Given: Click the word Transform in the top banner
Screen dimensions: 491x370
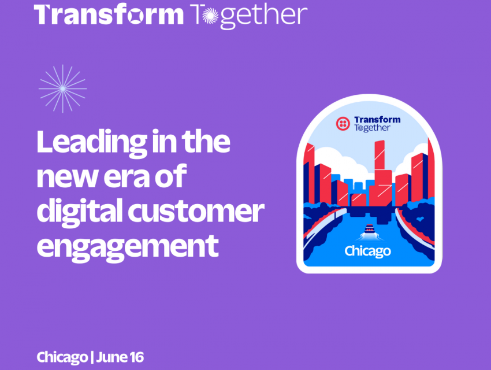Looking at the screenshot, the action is [109, 14].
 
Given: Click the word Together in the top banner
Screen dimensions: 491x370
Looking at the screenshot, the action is [248, 16].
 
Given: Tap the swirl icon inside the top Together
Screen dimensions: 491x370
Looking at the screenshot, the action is [210, 16].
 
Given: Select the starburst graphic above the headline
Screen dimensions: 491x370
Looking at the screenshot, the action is [62, 88].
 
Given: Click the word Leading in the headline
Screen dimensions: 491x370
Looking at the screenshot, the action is [92, 143].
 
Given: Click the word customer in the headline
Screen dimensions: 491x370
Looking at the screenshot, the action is [196, 212].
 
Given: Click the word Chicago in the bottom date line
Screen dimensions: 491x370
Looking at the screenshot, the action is [62, 357].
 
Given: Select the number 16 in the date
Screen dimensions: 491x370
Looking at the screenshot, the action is [136, 357].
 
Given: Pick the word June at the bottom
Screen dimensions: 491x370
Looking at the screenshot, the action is [112, 357].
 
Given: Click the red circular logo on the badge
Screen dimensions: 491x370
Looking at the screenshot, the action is [343, 124].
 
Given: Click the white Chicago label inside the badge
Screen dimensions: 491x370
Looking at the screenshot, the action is [367, 251].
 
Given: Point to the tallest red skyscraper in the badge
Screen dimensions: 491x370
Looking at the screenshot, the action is [381, 173].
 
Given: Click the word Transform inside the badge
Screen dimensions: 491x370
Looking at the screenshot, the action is [377, 120].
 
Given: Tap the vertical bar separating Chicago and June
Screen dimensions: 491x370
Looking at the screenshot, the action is [92, 357].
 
